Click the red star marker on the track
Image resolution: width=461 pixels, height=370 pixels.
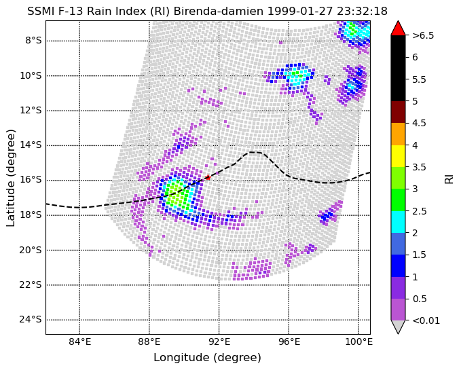click(208, 177)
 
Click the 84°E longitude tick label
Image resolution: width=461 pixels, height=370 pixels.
click(79, 342)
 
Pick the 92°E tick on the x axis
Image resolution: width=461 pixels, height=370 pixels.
click(219, 342)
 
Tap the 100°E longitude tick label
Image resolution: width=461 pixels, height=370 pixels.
click(358, 342)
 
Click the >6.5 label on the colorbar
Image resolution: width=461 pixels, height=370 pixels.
click(423, 35)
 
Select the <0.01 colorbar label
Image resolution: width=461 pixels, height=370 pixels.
click(426, 320)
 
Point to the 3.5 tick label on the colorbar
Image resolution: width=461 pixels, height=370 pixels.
click(420, 167)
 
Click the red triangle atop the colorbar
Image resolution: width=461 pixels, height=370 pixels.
click(398, 28)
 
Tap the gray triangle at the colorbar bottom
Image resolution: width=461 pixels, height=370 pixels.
click(398, 327)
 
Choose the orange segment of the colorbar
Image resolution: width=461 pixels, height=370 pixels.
click(398, 134)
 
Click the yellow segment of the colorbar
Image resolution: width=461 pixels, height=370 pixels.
click(398, 156)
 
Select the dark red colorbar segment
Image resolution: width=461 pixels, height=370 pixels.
click(398, 112)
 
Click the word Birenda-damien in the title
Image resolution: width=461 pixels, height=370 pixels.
click(219, 11)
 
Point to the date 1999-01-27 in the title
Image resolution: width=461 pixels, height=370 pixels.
click(299, 11)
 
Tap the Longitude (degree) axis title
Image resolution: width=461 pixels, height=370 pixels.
click(207, 358)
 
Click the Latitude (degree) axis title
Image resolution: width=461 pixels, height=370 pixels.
click(10, 177)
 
